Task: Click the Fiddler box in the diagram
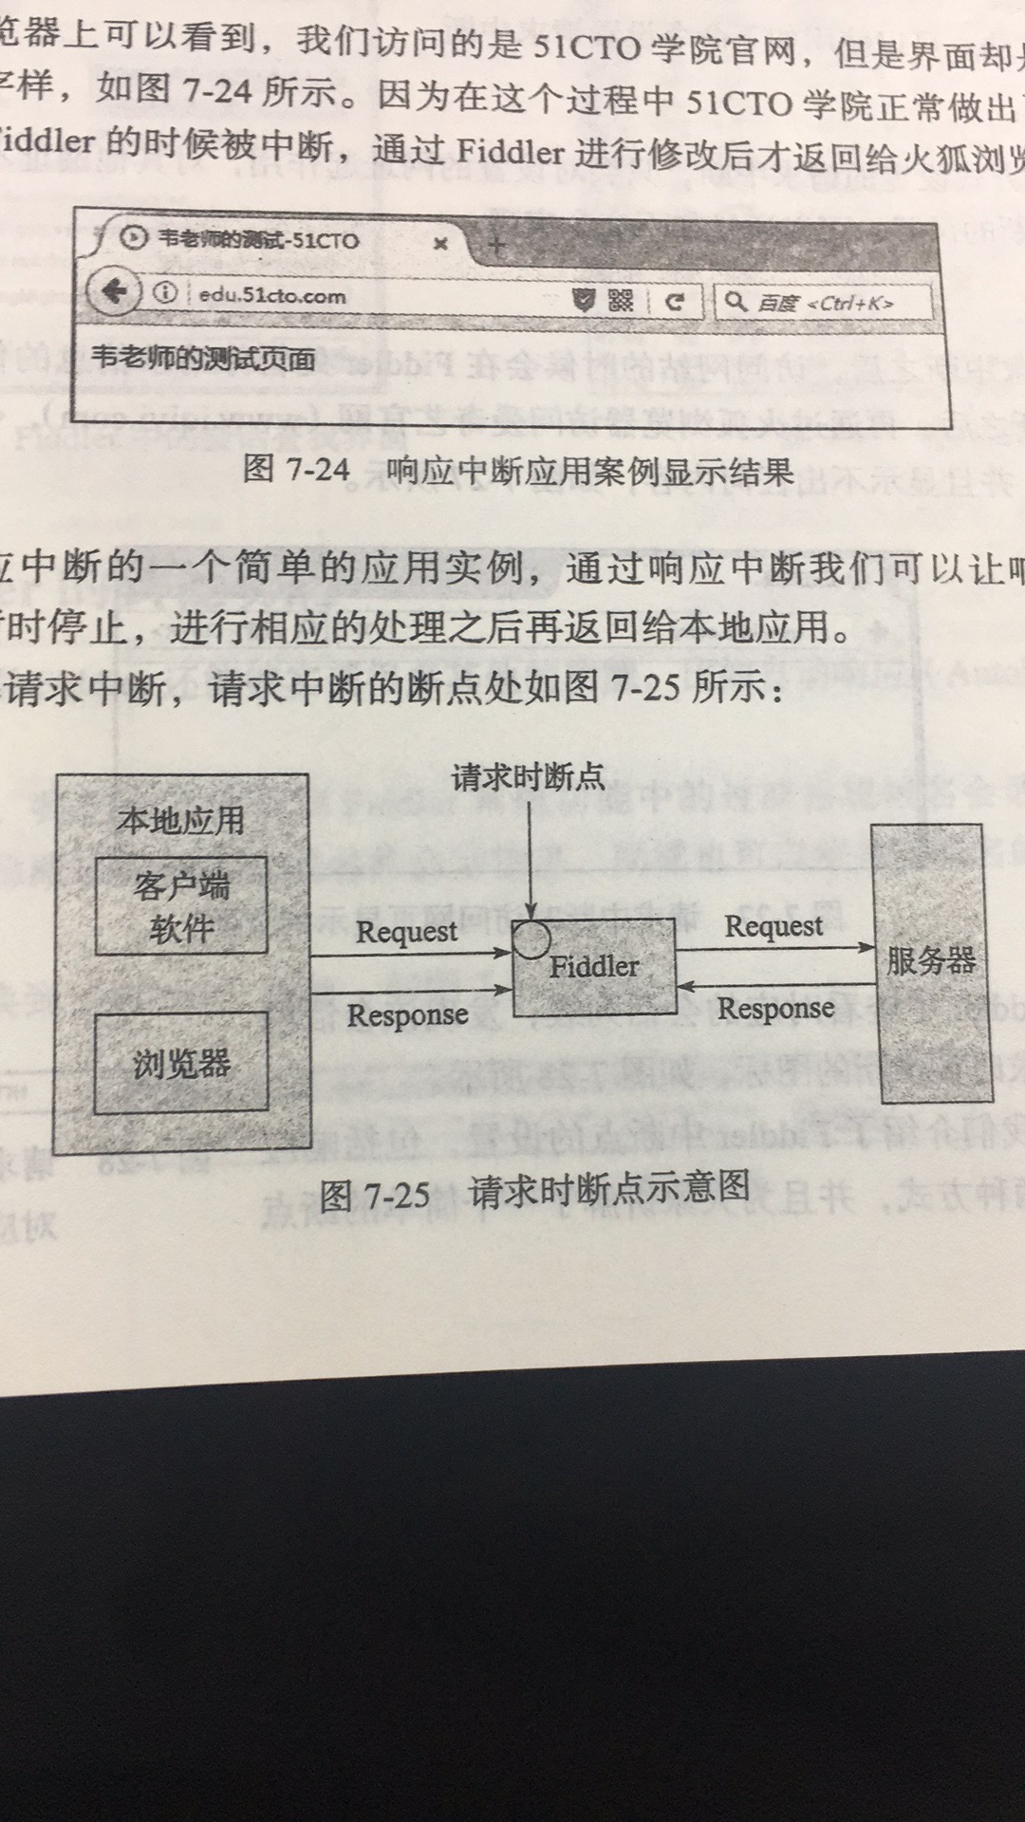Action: click(595, 968)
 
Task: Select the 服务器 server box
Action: click(932, 962)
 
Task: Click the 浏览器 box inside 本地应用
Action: click(181, 1063)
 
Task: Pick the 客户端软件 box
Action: click(181, 906)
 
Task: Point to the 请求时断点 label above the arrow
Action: click(528, 777)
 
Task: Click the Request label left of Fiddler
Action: click(406, 932)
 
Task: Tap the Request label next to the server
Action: click(773, 926)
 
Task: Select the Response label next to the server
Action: click(775, 1009)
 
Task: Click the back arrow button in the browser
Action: click(115, 290)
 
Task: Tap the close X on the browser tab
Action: click(440, 244)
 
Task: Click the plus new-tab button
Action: click(495, 247)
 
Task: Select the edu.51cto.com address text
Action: click(272, 295)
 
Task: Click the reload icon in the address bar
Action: click(675, 302)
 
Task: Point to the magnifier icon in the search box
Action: click(735, 302)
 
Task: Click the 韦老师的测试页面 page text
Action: click(203, 359)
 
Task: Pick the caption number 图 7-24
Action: click(296, 468)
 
